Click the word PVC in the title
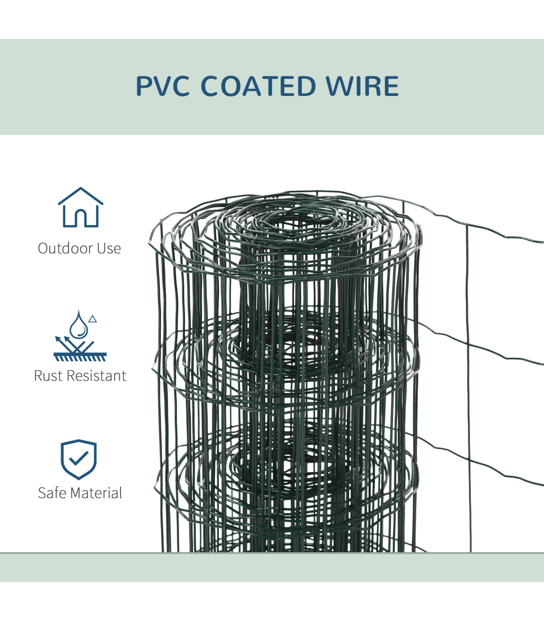[163, 86]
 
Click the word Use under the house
[109, 248]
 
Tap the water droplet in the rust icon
[78, 325]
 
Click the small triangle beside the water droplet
[93, 319]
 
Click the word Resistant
[97, 376]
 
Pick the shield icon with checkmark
[79, 459]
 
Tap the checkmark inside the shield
[79, 459]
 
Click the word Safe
[51, 493]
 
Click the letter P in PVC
[144, 86]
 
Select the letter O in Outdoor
[44, 248]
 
